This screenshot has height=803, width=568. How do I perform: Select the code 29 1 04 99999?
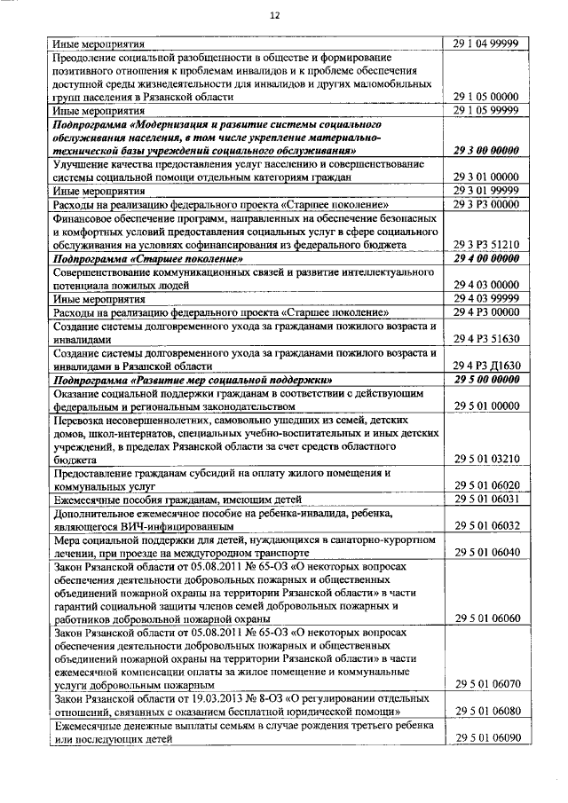(485, 43)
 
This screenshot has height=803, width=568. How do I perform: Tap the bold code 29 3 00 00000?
(485, 151)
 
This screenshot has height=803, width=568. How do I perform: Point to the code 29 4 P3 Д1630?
(485, 366)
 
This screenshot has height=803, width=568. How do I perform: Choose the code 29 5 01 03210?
(485, 460)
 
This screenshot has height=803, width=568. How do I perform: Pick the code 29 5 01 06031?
(485, 500)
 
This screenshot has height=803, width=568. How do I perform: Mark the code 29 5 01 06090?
(485, 738)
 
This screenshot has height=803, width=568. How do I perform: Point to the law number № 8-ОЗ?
(272, 698)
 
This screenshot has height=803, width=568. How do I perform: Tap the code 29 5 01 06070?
(485, 684)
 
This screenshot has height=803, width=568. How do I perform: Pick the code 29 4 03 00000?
(485, 285)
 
